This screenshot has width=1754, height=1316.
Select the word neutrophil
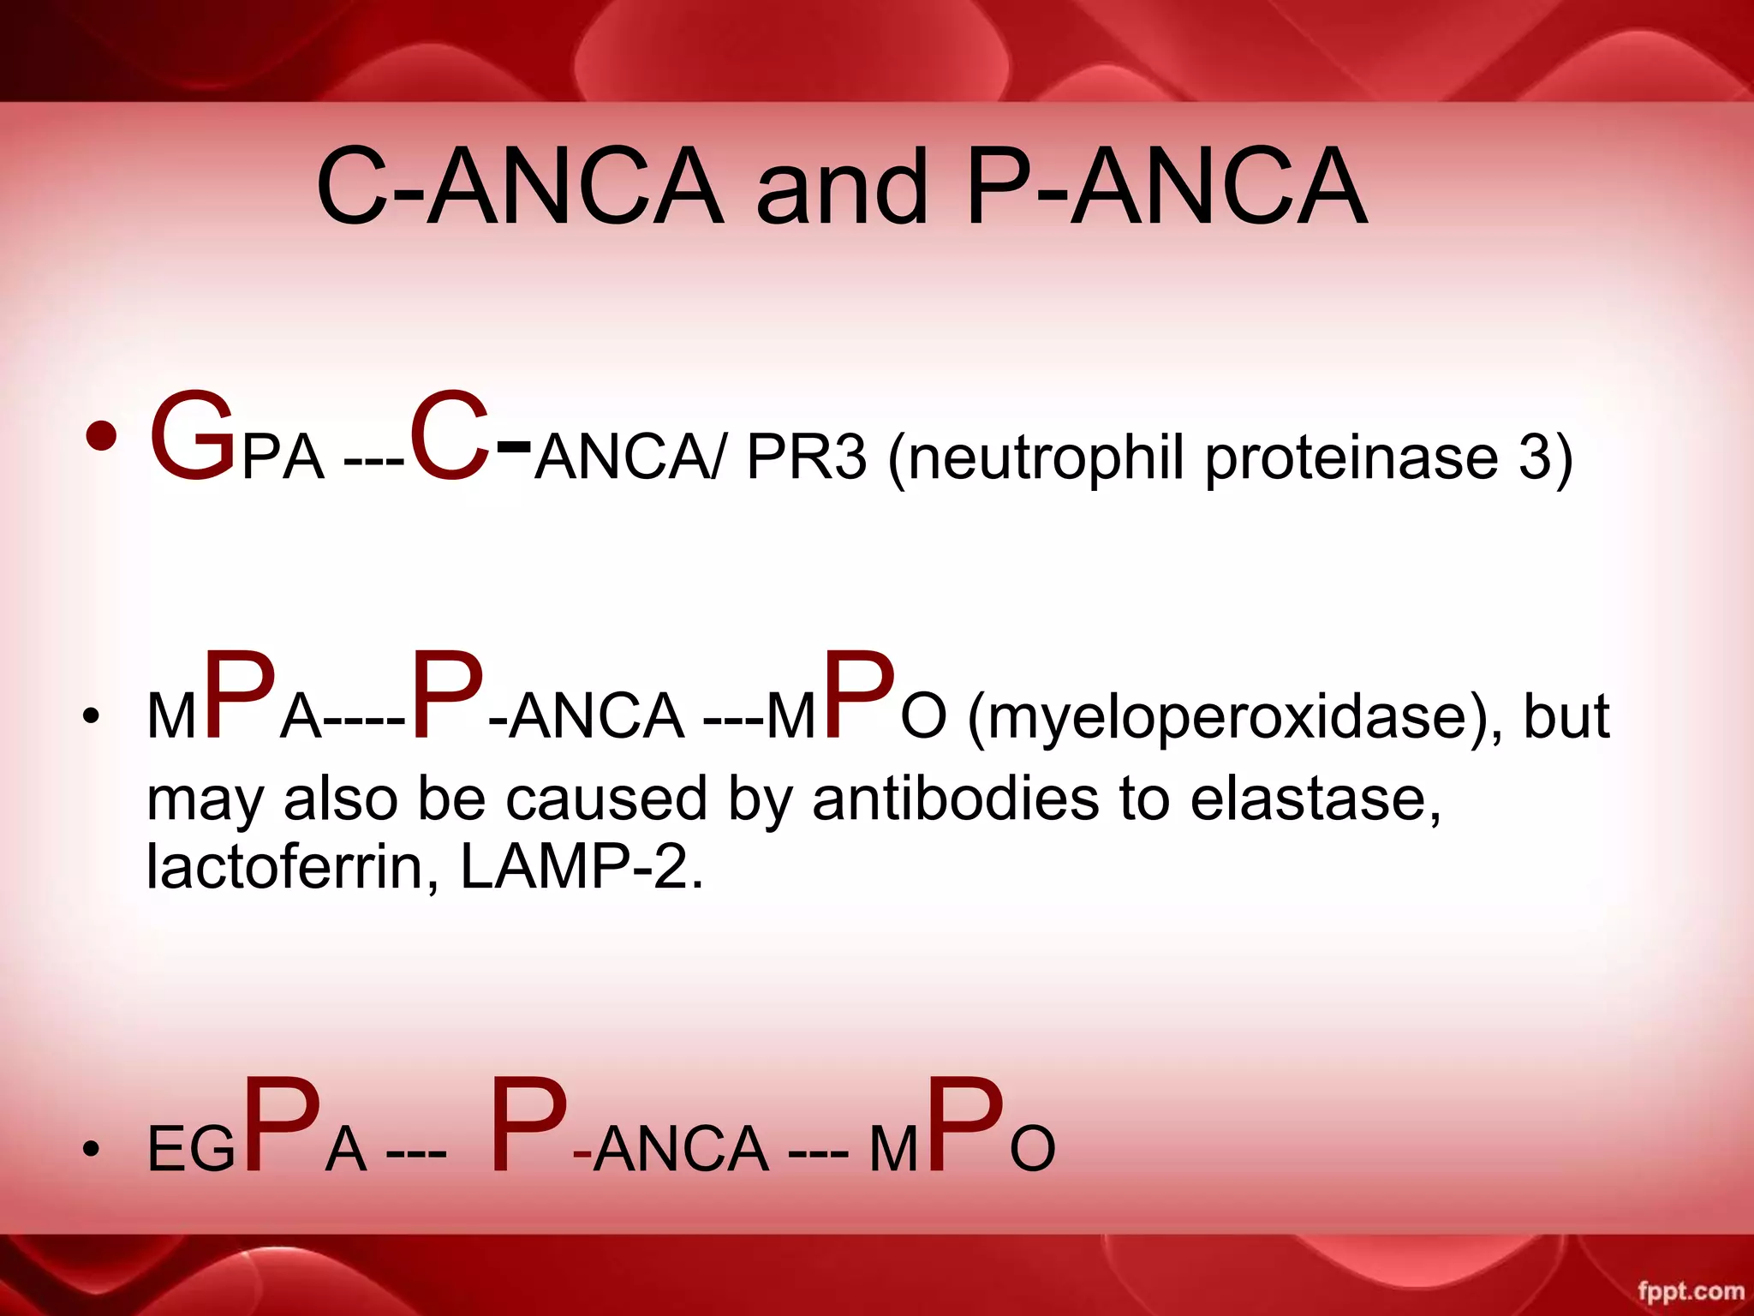coord(1045,458)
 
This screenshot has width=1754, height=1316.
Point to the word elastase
coord(1315,799)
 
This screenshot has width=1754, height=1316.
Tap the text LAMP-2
coord(582,867)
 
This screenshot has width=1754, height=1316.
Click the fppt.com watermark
coord(1691,1290)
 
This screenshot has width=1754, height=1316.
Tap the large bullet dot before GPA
coord(101,436)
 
